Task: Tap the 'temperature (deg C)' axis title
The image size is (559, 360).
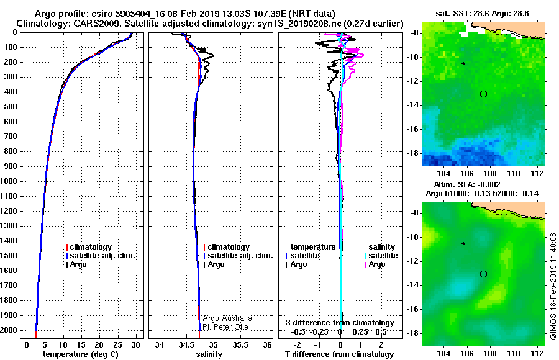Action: [x=81, y=354]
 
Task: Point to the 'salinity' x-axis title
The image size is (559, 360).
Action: [x=209, y=354]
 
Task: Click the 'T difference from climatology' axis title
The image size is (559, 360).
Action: [x=339, y=354]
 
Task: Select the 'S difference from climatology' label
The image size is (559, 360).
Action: [x=340, y=323]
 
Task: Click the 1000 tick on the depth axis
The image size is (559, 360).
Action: [x=10, y=181]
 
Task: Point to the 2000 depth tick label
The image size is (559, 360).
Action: [x=10, y=330]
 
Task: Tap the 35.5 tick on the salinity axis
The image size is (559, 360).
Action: [x=240, y=345]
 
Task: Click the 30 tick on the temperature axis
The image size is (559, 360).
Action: [x=135, y=345]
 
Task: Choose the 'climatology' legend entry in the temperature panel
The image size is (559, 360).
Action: [x=89, y=247]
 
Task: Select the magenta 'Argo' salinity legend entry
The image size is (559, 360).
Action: [x=375, y=264]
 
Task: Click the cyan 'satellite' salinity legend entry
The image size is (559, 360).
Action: [x=381, y=256]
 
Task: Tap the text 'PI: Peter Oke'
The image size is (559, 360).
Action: [x=225, y=327]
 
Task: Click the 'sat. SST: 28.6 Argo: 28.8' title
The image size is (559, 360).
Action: [x=483, y=14]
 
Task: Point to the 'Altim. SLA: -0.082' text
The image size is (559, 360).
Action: [x=467, y=184]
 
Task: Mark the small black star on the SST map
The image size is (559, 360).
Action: [x=463, y=63]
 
